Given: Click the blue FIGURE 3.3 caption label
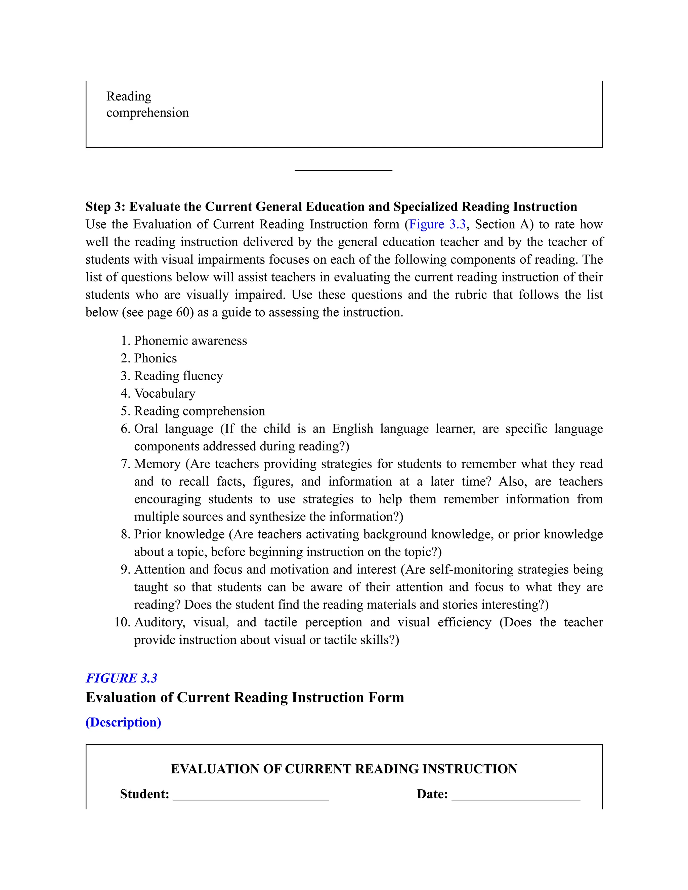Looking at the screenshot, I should [122, 678].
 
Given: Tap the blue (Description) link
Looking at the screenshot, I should [123, 722].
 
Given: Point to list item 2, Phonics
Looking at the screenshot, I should [155, 358].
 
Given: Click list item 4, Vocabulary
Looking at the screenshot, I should [165, 393].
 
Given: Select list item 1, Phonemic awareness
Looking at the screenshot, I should [190, 341].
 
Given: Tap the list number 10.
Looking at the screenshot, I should [122, 622].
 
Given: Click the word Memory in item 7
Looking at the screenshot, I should [157, 464].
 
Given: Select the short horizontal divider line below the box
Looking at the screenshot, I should [343, 170].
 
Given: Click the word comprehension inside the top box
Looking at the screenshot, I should [147, 113].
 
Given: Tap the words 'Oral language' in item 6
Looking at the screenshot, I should [174, 429].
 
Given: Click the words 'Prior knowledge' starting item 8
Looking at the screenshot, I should [179, 534].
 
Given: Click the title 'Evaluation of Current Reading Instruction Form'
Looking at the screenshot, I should [245, 698].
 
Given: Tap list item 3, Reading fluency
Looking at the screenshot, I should [178, 376].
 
